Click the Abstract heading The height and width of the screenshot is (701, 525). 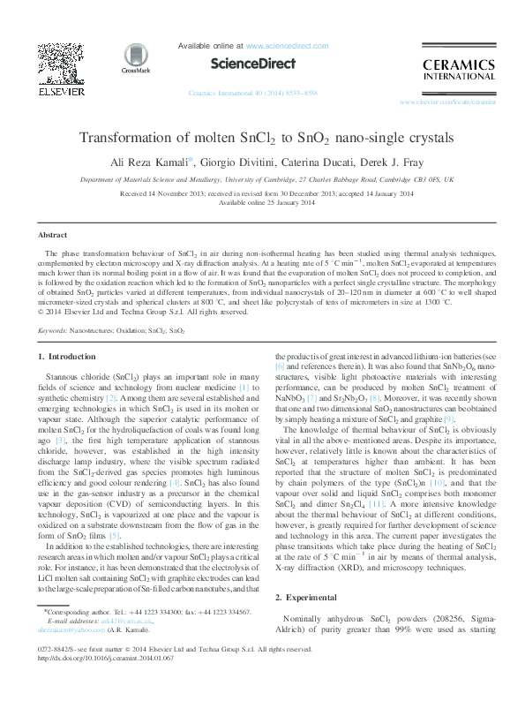pyautogui.click(x=52, y=235)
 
